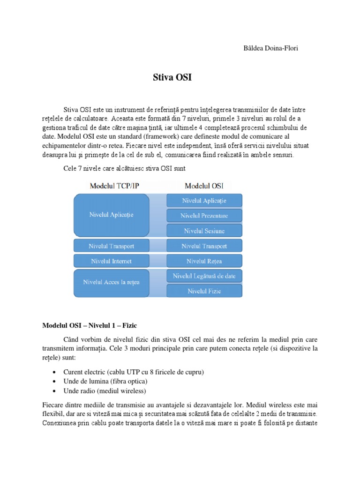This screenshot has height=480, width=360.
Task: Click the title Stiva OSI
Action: pyautogui.click(x=172, y=78)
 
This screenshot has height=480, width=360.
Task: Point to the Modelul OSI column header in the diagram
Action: pyautogui.click(x=204, y=186)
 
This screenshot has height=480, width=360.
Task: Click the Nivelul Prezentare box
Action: pyautogui.click(x=204, y=216)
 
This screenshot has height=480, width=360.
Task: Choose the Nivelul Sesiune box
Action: pyautogui.click(x=204, y=231)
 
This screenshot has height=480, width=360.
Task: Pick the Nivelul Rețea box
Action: pyautogui.click(x=204, y=261)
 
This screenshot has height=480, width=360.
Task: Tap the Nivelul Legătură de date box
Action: pyautogui.click(x=204, y=276)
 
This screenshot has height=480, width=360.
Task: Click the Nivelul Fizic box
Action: pyautogui.click(x=204, y=291)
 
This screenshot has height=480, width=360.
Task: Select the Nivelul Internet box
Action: pyautogui.click(x=111, y=261)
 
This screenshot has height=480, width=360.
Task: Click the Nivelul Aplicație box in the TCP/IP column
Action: pyautogui.click(x=111, y=215)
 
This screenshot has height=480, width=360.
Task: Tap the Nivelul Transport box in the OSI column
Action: pyautogui.click(x=204, y=246)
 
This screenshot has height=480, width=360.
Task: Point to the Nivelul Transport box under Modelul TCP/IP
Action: pyautogui.click(x=111, y=246)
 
